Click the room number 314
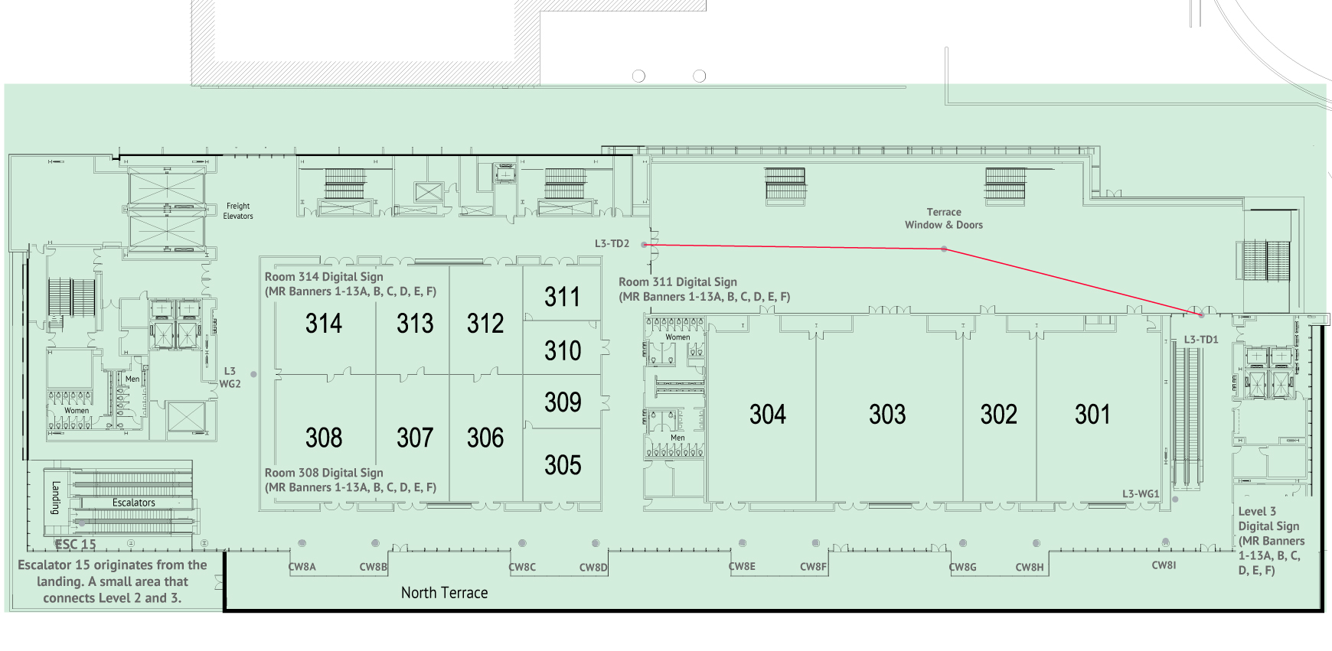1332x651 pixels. [x=324, y=324]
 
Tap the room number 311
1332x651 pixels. [x=563, y=297]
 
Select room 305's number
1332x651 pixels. [x=563, y=465]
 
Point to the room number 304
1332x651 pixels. [x=768, y=415]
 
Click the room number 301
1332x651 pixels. [x=1092, y=415]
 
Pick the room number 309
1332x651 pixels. [x=563, y=402]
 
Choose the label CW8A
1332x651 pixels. [x=302, y=567]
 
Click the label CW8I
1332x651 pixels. [x=1164, y=565]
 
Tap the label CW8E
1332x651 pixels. [x=742, y=567]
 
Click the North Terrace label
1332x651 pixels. [x=444, y=593]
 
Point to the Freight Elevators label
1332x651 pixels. [x=238, y=211]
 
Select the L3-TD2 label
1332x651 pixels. [x=612, y=244]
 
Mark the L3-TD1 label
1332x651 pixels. [x=1200, y=340]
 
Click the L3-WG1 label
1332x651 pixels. [x=1141, y=494]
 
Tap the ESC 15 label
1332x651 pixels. [x=76, y=545]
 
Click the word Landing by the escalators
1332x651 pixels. [x=56, y=497]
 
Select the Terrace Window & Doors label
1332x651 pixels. [x=944, y=219]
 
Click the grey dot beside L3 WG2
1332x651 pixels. [x=253, y=374]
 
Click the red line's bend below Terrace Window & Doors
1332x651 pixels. [x=944, y=249]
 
